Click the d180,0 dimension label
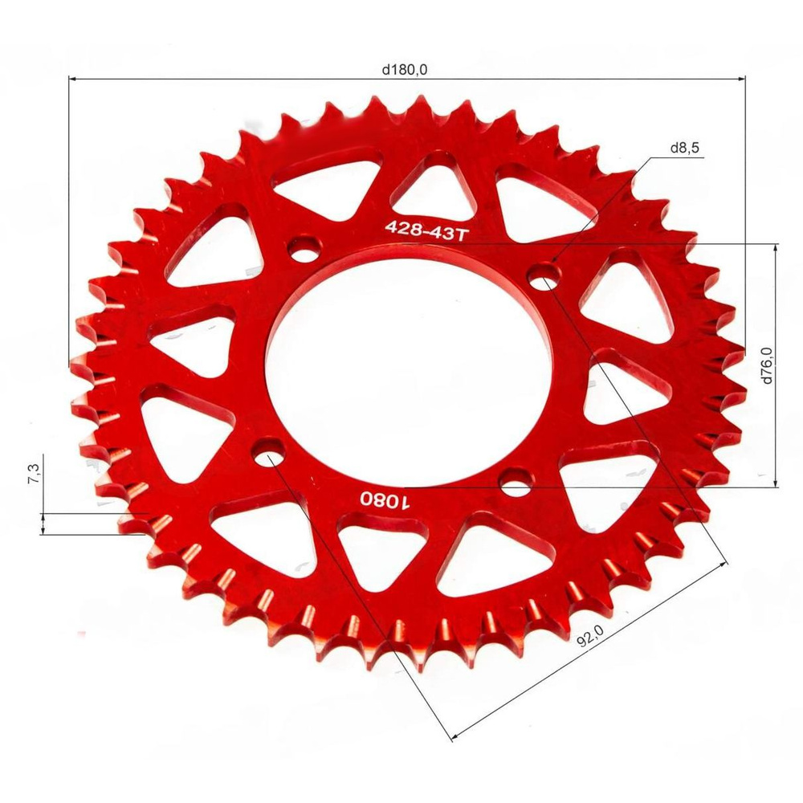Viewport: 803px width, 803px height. (x=406, y=70)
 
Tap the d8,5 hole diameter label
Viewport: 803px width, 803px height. (x=684, y=149)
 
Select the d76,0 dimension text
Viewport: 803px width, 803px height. (x=767, y=365)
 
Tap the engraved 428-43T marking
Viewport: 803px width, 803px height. (x=426, y=229)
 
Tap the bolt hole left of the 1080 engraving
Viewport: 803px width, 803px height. (x=269, y=454)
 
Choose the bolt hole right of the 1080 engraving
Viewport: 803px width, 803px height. (x=514, y=484)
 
